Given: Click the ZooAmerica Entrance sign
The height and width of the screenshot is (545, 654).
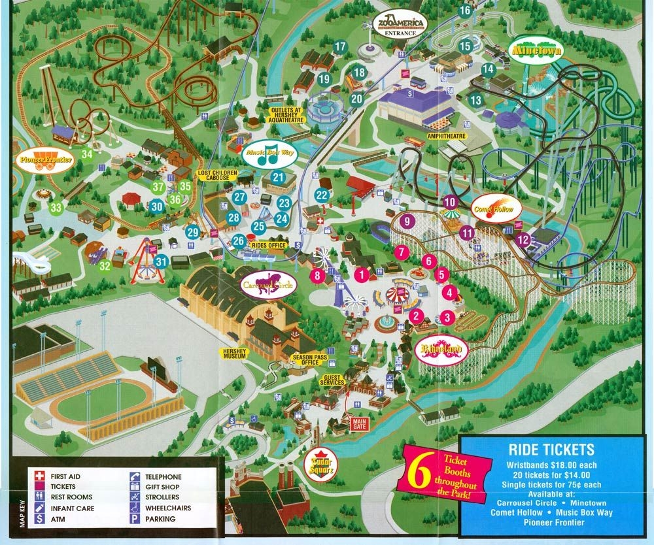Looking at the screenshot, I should coord(400,25).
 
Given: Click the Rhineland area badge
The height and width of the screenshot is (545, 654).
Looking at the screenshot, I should coord(441,350).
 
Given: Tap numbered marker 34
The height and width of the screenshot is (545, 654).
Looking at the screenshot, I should coord(87,155).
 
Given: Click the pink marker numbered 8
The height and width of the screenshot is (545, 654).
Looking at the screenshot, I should coord(318,275).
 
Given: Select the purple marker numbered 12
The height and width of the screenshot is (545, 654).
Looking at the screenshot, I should coord(523,240).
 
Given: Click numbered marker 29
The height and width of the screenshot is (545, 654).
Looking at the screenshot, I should coord(192,231).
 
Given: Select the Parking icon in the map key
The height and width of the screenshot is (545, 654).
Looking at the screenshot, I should coord(134,519).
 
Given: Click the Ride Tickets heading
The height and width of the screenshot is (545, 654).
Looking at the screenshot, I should coord(551,450).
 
